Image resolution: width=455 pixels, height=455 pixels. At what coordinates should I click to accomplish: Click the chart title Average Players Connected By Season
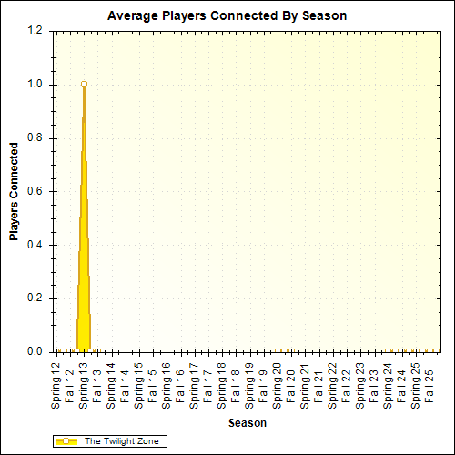point(227,15)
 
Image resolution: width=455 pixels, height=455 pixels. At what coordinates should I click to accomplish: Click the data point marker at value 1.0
point(84,85)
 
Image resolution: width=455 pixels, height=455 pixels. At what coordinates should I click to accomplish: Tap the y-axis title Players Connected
point(15,191)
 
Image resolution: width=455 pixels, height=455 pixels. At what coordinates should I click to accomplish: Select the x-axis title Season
point(247,423)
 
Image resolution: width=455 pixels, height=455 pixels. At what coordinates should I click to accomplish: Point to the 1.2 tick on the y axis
point(35,31)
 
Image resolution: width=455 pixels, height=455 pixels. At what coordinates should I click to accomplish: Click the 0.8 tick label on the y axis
point(35,138)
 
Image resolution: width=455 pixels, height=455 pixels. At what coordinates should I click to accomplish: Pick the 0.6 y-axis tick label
point(35,191)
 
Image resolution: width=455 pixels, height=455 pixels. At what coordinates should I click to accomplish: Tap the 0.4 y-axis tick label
point(35,245)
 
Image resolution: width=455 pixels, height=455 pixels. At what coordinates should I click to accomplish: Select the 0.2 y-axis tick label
point(35,298)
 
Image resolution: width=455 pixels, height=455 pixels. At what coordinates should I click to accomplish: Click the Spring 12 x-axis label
point(56,383)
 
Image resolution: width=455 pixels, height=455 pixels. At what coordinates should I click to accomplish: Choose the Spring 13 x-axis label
point(84,383)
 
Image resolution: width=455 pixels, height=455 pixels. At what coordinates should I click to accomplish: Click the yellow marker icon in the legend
point(66,441)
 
